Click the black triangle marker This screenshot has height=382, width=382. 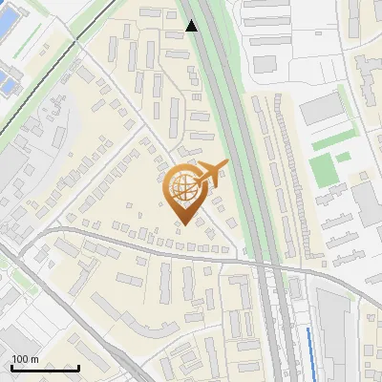pyautogui.click(x=192, y=26)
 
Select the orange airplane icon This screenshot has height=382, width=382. pyautogui.click(x=212, y=173)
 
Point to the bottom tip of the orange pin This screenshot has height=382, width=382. pyautogui.click(x=183, y=224)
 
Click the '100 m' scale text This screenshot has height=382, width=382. pyautogui.click(x=25, y=359)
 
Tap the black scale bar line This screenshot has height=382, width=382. pyautogui.click(x=45, y=368)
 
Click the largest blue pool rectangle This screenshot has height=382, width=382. pyautogui.click(x=7, y=84)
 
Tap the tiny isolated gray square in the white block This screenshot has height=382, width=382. pyautogui.click(x=265, y=63)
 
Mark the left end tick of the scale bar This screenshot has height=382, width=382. pyautogui.click(x=11, y=367)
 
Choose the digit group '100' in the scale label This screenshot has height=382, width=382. pyautogui.click(x=19, y=359)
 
